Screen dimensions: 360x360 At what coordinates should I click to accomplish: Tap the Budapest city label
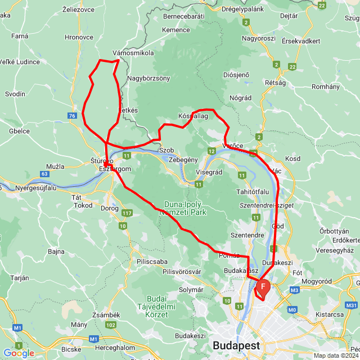pyautogui.click(x=236, y=345)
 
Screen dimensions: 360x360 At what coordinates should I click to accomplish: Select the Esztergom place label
pyautogui.click(x=115, y=169)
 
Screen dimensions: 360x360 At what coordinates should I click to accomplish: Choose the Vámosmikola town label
pyautogui.click(x=133, y=52)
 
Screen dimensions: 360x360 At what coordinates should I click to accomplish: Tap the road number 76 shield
pyautogui.click(x=71, y=116)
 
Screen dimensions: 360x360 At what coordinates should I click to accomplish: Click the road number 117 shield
pyautogui.click(x=127, y=213)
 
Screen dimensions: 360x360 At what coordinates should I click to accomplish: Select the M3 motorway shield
pyautogui.click(x=295, y=290)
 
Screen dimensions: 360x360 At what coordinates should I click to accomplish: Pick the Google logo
pyautogui.click(x=18, y=353)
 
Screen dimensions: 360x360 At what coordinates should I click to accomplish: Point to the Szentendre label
pyautogui.click(x=247, y=235)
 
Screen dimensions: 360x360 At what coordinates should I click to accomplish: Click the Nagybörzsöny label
pyautogui.click(x=148, y=78)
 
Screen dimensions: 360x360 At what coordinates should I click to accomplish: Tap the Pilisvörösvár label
pyautogui.click(x=182, y=272)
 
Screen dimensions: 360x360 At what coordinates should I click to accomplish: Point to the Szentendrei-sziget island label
pyautogui.click(x=267, y=206)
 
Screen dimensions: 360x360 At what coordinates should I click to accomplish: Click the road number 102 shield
pyautogui.click(x=111, y=325)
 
